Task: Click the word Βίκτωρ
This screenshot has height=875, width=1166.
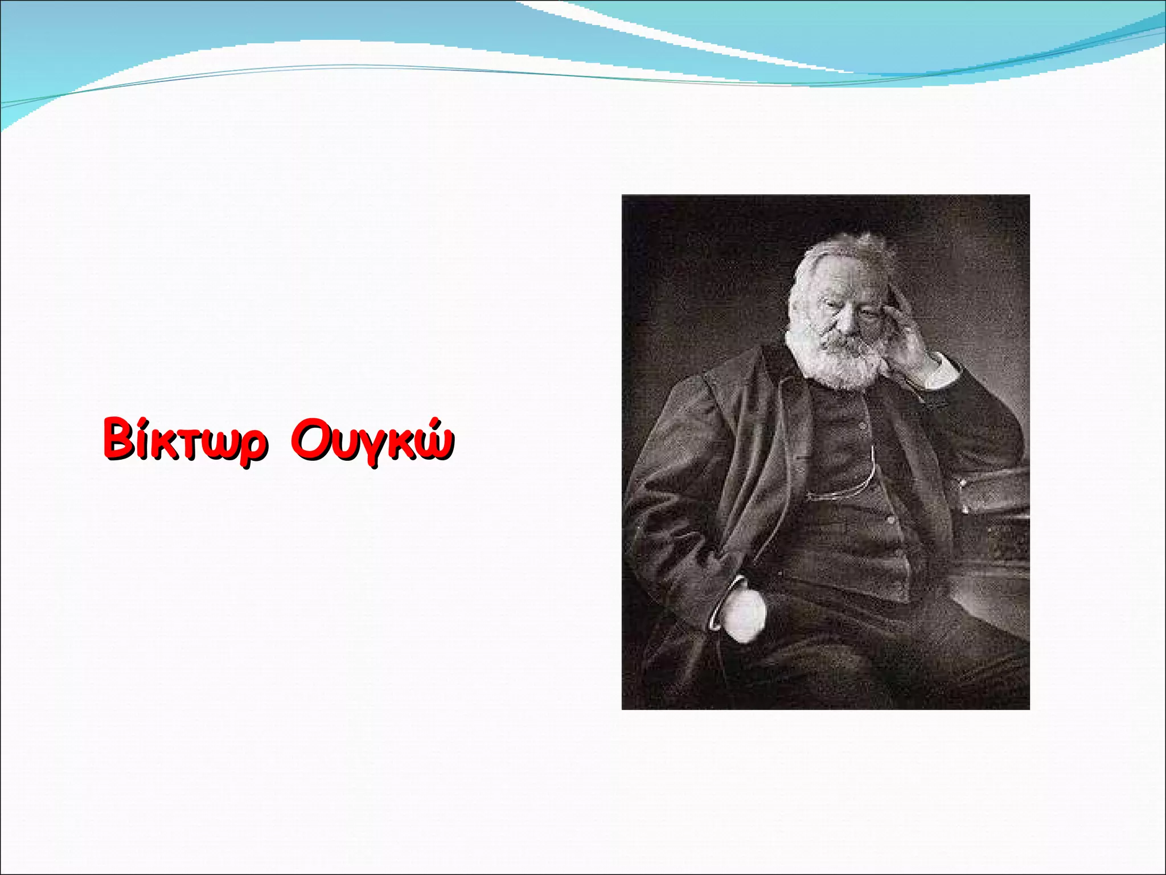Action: (x=184, y=440)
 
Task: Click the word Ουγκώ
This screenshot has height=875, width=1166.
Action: (x=372, y=440)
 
